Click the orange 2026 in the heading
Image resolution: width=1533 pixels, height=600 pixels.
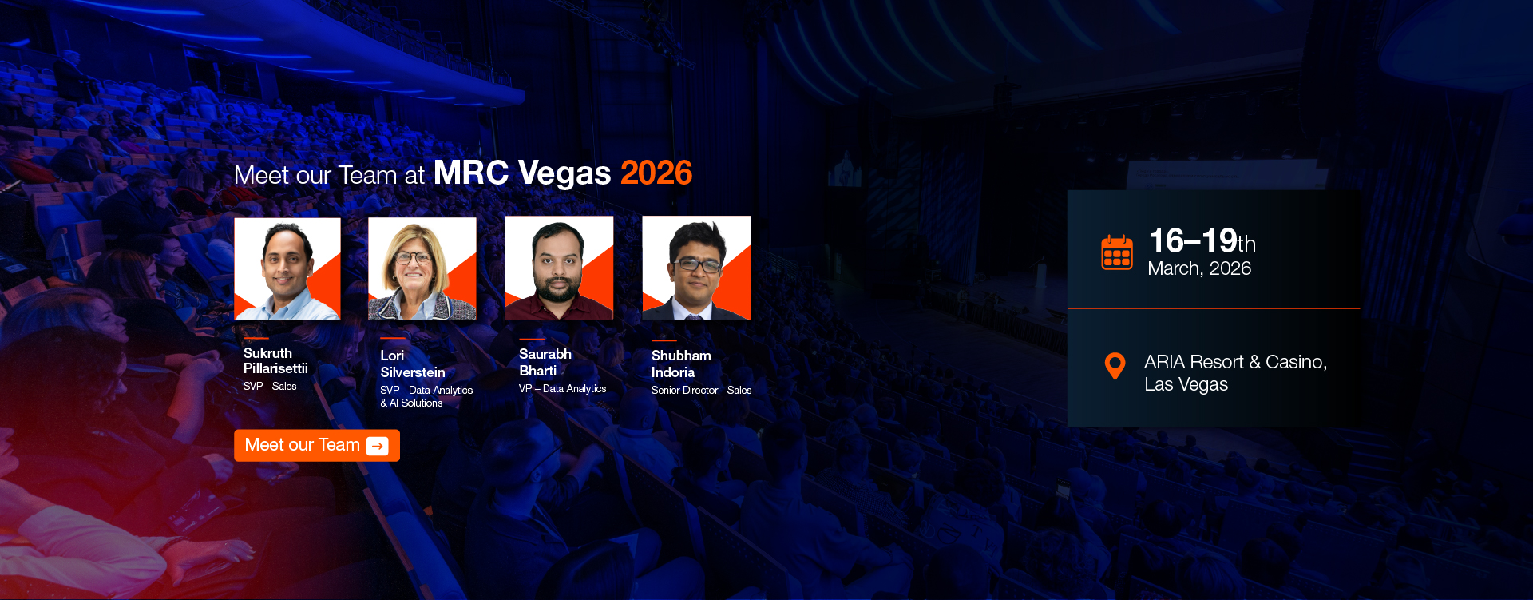point(656,173)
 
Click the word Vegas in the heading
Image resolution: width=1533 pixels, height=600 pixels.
point(564,173)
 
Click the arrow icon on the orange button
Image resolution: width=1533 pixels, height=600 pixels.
point(378,446)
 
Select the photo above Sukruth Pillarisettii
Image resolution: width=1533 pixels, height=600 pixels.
point(287,268)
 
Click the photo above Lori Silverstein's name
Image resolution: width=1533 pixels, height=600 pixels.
point(422,268)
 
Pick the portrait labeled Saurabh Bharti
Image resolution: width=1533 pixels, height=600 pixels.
point(559,268)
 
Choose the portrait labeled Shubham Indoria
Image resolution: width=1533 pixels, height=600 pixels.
point(696,268)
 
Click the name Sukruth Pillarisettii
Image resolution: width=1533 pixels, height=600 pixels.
point(275,360)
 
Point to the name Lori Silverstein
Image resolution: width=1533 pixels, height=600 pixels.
point(412,364)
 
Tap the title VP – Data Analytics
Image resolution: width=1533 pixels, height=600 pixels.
point(562,389)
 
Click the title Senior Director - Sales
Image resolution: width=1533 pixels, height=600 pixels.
point(701,391)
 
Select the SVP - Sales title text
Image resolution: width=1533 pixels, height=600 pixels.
point(270,387)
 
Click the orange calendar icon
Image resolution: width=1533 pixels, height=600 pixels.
point(1116,253)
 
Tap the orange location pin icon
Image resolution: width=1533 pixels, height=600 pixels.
point(1115,366)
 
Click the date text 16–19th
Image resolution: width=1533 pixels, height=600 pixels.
point(1201,241)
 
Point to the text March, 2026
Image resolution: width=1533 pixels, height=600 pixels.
point(1198,269)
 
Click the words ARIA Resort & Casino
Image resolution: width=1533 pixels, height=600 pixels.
point(1234,363)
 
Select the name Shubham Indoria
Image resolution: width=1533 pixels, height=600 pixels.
point(680,364)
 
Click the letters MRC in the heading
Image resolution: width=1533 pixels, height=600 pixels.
point(470,173)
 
